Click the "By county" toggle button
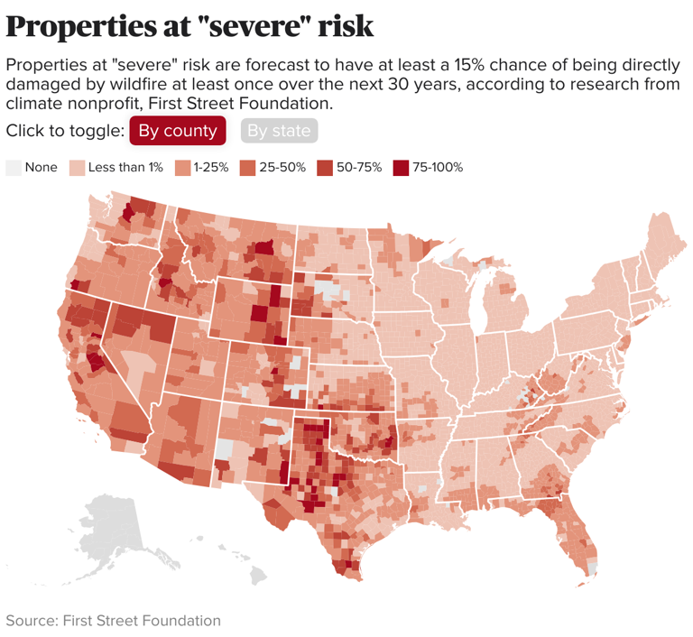(177, 131)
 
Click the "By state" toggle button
(279, 131)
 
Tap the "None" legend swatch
(14, 168)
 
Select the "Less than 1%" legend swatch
(78, 168)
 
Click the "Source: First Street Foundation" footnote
(113, 621)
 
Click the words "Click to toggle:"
(64, 131)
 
